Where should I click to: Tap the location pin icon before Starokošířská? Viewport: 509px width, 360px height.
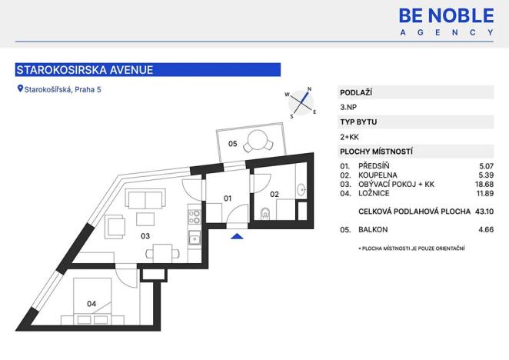20,89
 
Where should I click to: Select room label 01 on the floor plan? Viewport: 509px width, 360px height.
228,198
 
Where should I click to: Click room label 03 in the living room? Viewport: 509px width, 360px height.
145,236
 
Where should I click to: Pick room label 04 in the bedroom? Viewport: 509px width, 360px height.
91,304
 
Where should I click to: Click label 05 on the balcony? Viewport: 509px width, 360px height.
231,143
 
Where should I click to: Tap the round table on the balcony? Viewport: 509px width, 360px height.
256,142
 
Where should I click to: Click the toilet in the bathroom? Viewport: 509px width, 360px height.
264,214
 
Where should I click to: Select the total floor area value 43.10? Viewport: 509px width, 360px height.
482,210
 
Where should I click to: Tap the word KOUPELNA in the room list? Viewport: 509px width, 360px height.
378,175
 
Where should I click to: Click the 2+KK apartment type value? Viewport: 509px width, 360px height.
349,136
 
